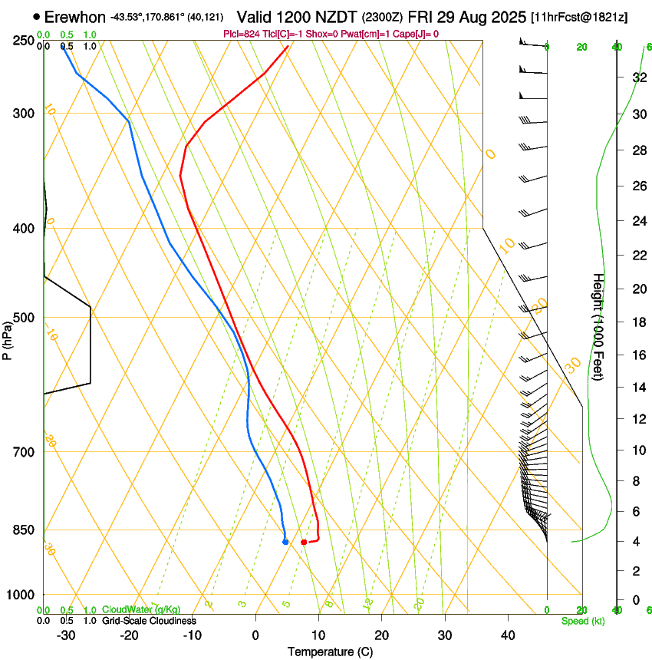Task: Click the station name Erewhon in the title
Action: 75,17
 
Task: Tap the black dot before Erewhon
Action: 37,16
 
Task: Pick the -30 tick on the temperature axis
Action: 66,635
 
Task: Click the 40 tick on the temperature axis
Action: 508,635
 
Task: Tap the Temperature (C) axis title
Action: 330,652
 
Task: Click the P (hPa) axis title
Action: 8,339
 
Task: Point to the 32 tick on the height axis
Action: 638,78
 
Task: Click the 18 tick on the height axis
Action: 638,322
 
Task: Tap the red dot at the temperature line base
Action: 304,543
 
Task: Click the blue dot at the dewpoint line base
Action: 285,542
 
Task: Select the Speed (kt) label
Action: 582,621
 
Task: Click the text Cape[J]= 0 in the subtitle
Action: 415,34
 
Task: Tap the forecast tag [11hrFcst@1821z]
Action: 578,17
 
